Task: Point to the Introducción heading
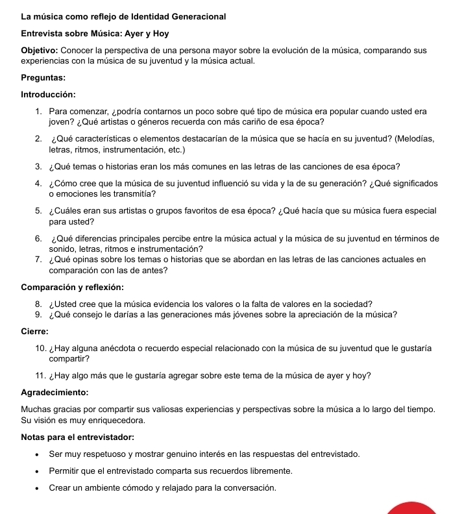pos(49,95)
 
